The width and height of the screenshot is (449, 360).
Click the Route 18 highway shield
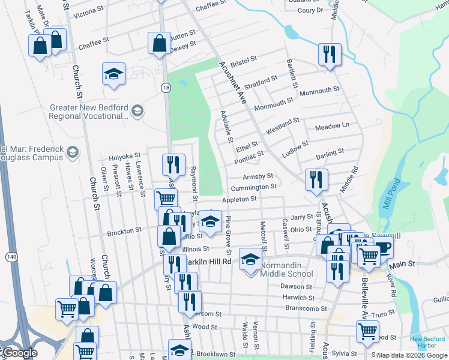[166, 88]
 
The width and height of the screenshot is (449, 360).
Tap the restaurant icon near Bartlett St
[329, 54]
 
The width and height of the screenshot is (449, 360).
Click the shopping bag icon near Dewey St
[159, 44]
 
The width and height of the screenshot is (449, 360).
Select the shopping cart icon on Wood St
[367, 330]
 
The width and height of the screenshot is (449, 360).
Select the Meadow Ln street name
[332, 126]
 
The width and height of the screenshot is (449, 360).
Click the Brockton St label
[124, 229]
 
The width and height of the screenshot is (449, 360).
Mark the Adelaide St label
[228, 126]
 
